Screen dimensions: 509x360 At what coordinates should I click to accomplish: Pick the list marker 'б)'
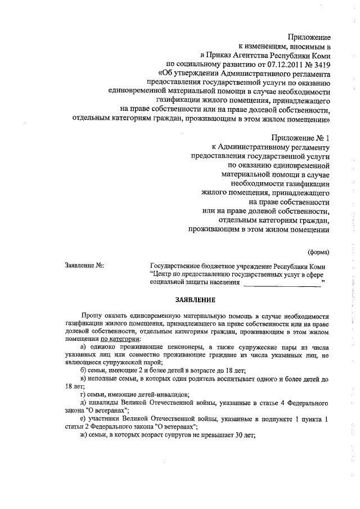click(84, 370)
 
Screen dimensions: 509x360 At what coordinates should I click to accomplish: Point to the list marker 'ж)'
click(84, 440)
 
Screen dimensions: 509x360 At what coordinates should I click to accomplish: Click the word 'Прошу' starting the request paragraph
click(92, 317)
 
